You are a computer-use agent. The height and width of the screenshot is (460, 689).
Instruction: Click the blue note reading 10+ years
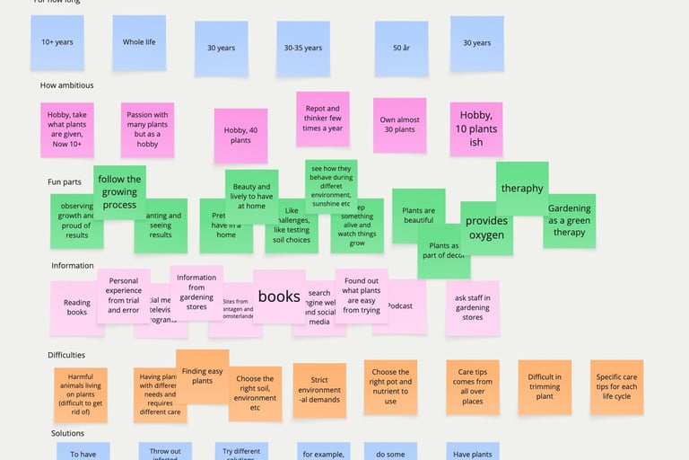coord(57,42)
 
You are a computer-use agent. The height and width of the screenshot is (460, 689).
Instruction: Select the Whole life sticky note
coord(139,42)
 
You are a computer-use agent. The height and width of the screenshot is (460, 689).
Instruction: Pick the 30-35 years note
coord(303,48)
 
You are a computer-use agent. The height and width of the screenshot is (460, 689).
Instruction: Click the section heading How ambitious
coord(66,85)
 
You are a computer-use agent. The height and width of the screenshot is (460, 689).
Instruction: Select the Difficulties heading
coord(66,355)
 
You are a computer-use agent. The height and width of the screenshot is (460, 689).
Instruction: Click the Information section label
coord(72,265)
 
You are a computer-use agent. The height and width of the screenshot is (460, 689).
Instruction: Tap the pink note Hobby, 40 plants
coord(240,135)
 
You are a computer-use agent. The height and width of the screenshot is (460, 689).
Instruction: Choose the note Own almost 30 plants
coord(399,125)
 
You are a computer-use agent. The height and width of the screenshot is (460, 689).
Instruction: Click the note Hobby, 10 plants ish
coord(476,128)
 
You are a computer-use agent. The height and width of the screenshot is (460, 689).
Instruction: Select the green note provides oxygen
coord(486,228)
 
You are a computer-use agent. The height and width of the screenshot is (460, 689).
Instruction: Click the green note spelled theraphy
coord(522,189)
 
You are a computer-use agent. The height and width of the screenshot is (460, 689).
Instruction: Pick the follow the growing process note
coord(119,191)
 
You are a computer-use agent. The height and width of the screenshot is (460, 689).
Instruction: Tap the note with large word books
coord(279,296)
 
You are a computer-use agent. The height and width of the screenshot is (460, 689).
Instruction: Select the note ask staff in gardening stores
coord(473,307)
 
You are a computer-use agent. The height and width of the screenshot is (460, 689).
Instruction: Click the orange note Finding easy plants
coord(203,376)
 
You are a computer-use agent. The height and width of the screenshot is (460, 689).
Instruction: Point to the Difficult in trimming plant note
coord(545,386)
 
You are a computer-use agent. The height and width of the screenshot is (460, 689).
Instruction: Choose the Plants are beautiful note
coord(418,214)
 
